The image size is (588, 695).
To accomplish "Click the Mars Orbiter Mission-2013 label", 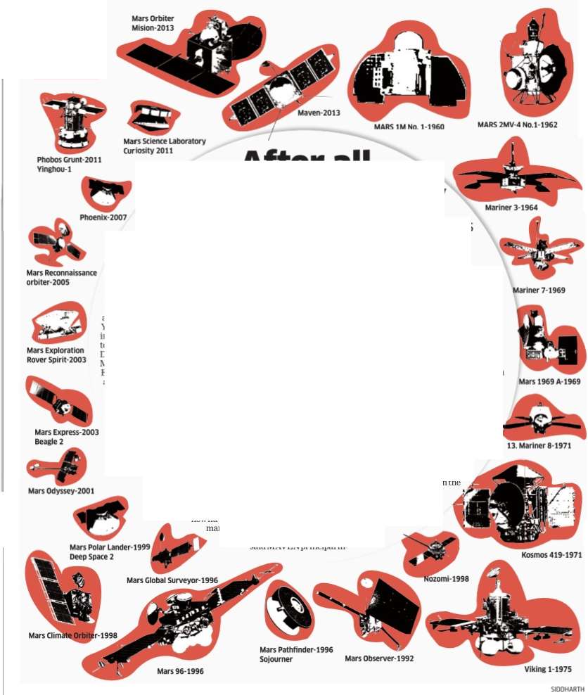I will pos(153,23).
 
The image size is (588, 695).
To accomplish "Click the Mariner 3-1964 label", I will pos(511,208).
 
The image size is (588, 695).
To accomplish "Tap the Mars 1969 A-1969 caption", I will pos(549,382).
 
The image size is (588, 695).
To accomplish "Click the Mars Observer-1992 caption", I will pos(379,658).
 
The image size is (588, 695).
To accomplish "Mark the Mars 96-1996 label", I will pos(180,671).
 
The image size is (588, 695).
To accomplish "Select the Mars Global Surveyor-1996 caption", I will pos(172,580).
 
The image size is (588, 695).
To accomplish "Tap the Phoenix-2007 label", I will pos(103,217).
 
